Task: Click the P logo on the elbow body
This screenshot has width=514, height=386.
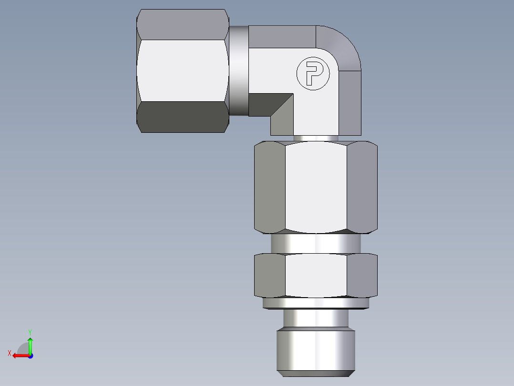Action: [x=313, y=74]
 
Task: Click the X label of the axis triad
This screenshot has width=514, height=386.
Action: [x=10, y=353]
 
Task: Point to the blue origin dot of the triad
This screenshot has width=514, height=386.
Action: [x=30, y=355]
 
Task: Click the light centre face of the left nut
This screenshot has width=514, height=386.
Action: [x=182, y=70]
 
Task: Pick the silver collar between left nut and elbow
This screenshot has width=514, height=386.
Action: [x=238, y=70]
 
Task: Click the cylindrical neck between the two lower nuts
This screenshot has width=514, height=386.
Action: [x=316, y=243]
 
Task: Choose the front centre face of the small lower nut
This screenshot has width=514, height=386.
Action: [x=316, y=275]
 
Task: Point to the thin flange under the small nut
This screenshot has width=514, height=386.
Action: [x=316, y=303]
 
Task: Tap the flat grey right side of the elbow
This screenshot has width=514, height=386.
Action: [x=350, y=103]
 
